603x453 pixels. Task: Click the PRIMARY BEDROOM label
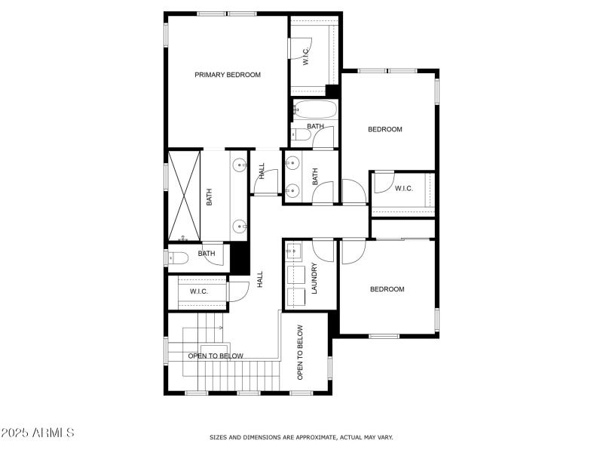click(228, 75)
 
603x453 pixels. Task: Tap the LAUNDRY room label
click(314, 279)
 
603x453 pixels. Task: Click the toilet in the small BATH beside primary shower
click(178, 257)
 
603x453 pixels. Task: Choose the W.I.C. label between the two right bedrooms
click(403, 188)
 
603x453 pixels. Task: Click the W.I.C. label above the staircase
click(199, 291)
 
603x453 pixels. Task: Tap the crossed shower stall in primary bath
click(185, 196)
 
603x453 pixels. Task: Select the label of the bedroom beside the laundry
click(387, 289)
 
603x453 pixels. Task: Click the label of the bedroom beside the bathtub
click(385, 129)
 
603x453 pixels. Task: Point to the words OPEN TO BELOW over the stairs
click(216, 356)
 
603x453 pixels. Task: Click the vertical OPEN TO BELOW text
click(300, 352)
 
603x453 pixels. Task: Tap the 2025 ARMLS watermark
click(38, 433)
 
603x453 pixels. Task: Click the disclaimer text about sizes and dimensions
click(301, 437)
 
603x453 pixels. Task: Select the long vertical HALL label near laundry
click(260, 279)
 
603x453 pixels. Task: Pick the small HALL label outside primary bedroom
click(262, 171)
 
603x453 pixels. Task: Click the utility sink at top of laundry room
click(293, 250)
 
